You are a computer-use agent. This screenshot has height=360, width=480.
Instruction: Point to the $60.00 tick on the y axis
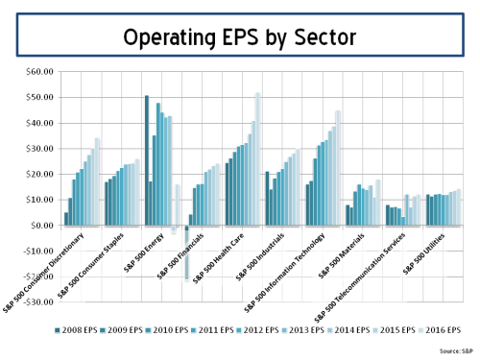[38, 72]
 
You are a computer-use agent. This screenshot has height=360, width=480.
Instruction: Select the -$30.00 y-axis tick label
[36, 302]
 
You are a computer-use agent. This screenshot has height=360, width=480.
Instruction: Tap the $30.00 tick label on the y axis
[38, 149]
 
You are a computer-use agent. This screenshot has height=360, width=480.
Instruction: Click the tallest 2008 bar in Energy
[147, 160]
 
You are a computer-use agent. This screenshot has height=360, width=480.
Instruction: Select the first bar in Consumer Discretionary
[66, 219]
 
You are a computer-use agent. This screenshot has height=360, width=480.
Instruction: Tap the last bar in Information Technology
[338, 168]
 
